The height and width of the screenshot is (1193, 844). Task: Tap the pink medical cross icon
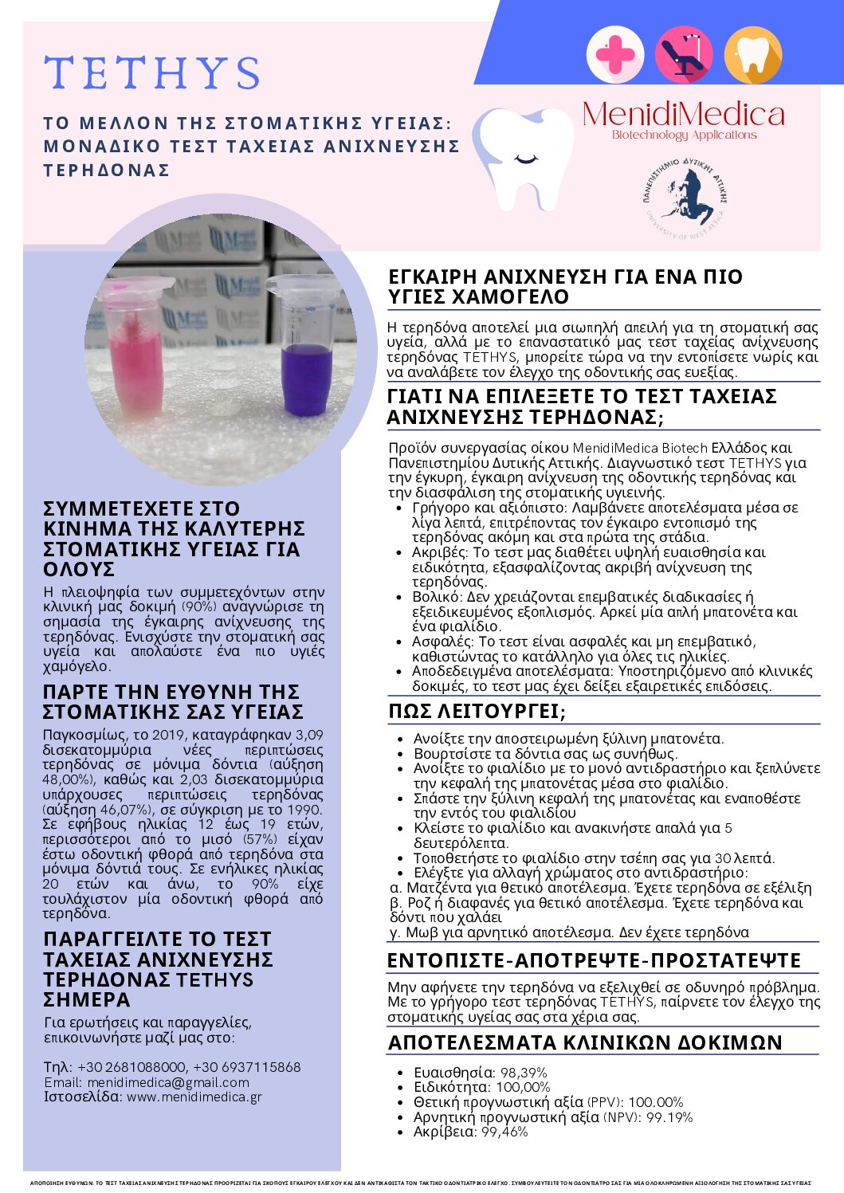point(614,54)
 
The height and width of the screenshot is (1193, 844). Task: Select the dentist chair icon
point(683,54)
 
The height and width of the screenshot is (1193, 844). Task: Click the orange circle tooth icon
point(752,54)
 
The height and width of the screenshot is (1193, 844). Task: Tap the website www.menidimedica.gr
point(194,1097)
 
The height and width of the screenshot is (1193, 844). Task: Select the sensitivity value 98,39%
point(523,1073)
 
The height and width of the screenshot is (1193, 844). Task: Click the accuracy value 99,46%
point(504,1132)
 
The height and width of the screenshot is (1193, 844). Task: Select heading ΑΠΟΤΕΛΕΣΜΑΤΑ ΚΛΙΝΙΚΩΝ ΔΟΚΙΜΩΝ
point(585,1042)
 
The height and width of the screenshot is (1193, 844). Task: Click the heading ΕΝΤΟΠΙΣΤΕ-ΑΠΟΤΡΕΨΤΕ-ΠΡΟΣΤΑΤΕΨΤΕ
point(594,960)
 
